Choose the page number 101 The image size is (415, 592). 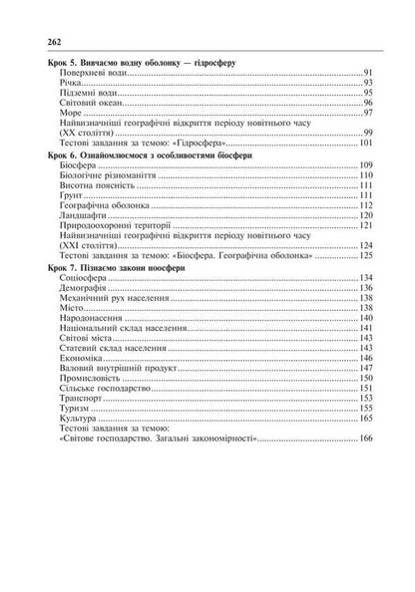click(x=365, y=142)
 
